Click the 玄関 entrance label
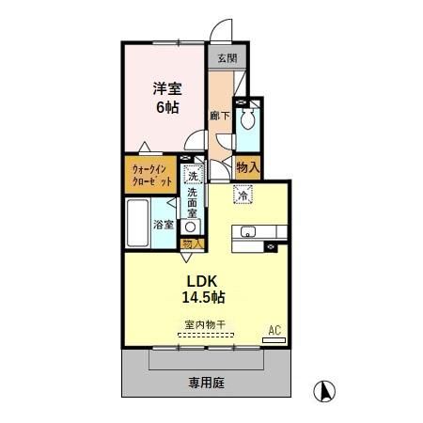point(227,58)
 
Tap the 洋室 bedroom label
point(168,88)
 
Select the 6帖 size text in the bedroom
point(168,107)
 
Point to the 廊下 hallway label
point(218,116)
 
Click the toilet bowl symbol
point(248,120)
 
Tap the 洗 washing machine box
point(192,176)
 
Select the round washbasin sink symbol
point(191,227)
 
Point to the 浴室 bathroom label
point(164,225)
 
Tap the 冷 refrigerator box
point(243,196)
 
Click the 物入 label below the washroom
point(192,243)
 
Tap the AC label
point(275,330)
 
